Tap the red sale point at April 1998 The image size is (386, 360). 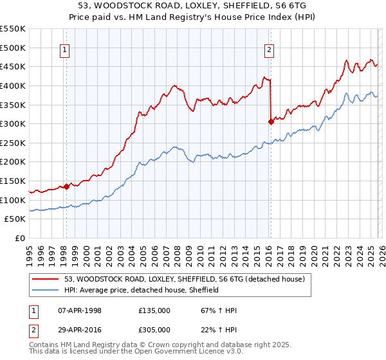pos(66,186)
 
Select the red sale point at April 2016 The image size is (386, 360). pos(271,122)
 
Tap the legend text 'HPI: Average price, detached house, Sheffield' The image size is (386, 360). pos(142,290)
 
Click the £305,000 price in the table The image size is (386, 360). pos(154,328)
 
